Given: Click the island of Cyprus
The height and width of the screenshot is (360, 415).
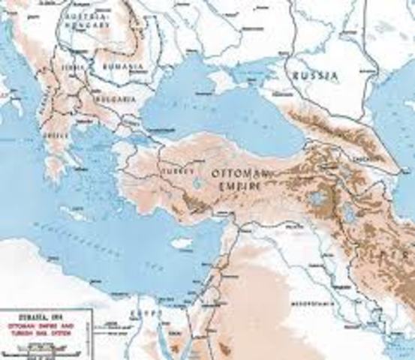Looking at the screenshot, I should pyautogui.click(x=182, y=241).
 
